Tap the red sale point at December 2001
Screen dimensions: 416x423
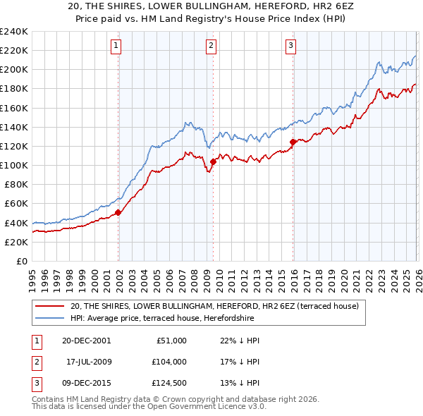coord(118,212)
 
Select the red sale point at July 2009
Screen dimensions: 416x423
coord(213,161)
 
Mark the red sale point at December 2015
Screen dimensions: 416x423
coord(293,142)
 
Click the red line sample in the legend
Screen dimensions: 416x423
coord(51,306)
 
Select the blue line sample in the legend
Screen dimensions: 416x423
coord(51,318)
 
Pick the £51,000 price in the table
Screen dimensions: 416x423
coord(170,340)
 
